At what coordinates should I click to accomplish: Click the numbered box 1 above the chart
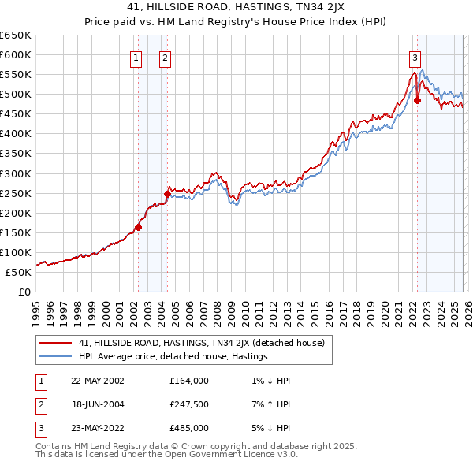(x=136, y=57)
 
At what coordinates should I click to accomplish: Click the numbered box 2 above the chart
(x=166, y=57)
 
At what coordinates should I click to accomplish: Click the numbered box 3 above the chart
(x=415, y=57)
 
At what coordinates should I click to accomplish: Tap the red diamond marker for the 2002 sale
(x=138, y=227)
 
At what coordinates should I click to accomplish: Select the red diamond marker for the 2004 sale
(x=167, y=194)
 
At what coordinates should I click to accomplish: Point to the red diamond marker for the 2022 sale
(x=417, y=100)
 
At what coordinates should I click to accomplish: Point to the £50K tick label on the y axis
(x=19, y=272)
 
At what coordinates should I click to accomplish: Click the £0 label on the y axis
(x=25, y=292)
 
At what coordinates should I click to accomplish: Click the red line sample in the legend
(x=56, y=343)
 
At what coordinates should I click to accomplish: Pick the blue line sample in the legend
(x=56, y=356)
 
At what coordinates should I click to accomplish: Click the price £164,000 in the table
(x=189, y=380)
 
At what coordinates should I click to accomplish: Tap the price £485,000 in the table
(x=189, y=428)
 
